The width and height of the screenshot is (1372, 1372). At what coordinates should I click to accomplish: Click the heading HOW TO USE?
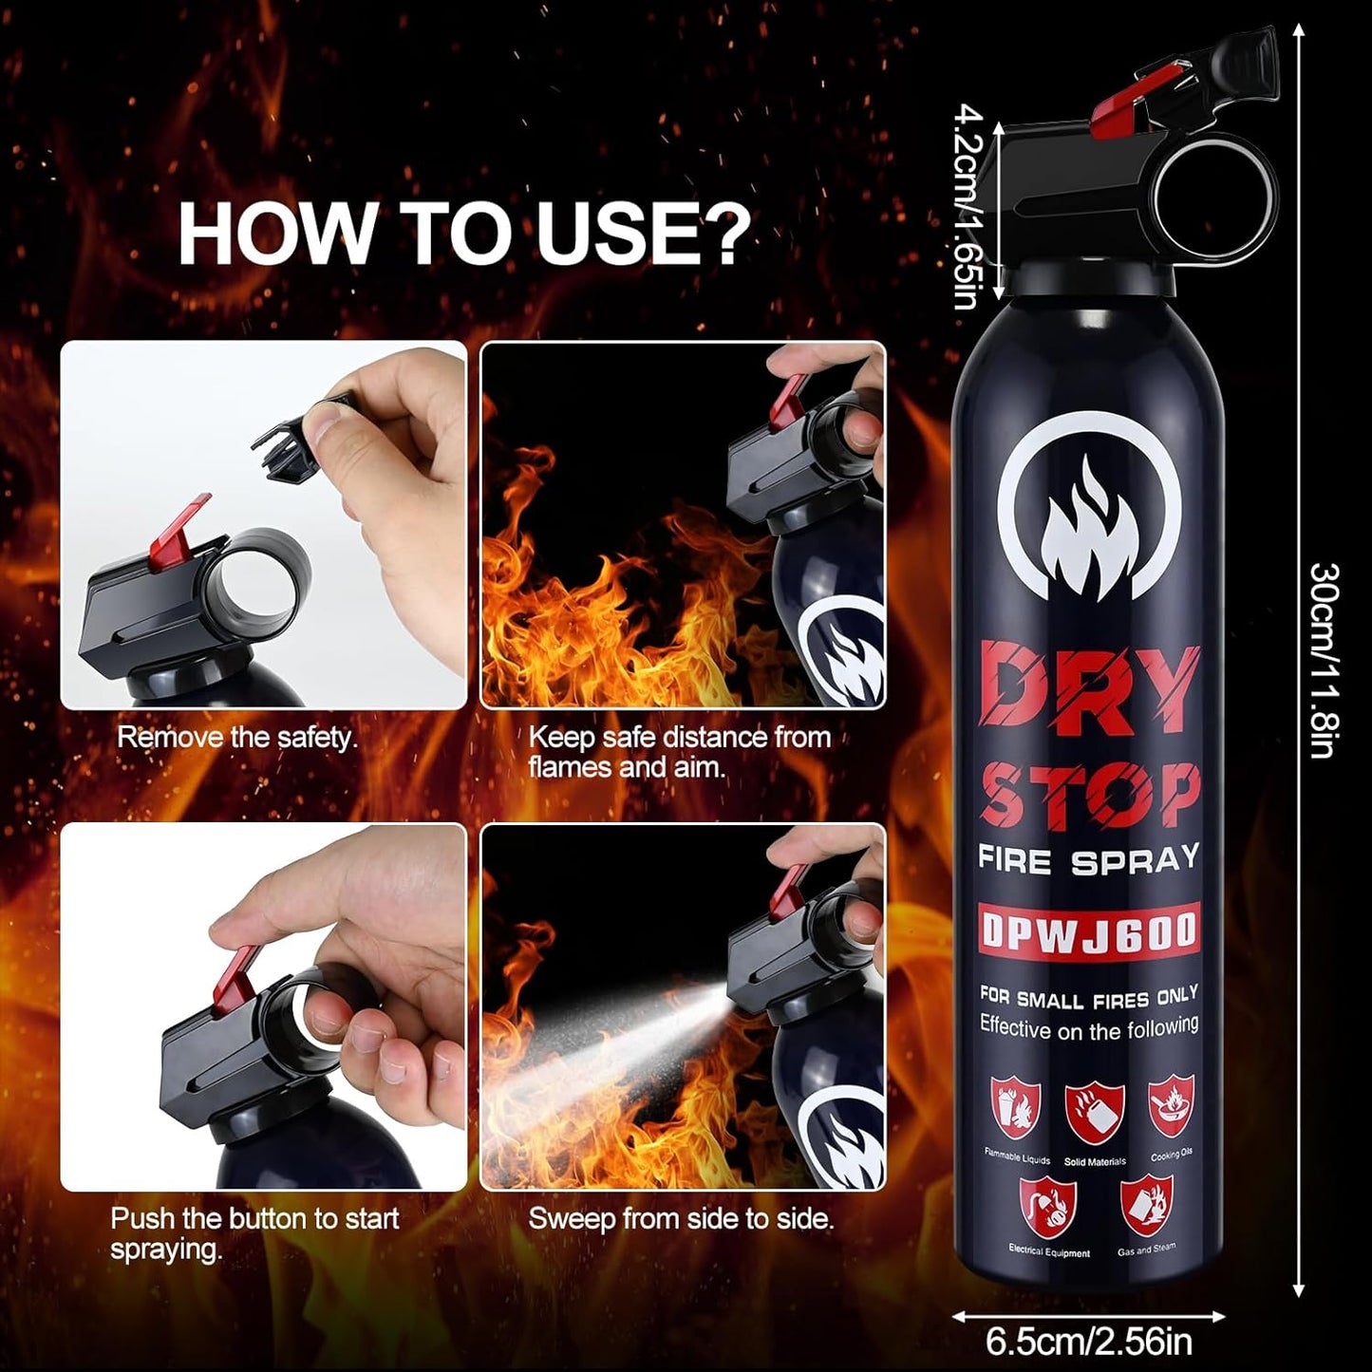[463, 232]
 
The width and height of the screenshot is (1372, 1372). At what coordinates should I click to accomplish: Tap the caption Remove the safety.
[237, 738]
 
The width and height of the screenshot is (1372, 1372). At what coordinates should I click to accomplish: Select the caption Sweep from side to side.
[681, 1218]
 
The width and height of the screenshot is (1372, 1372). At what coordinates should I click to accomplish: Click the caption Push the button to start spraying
[254, 1232]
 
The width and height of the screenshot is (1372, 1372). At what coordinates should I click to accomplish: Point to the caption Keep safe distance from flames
[679, 751]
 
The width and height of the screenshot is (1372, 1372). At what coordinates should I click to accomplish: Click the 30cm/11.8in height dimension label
[1325, 661]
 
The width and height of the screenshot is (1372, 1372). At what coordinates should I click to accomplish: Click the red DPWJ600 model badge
[1089, 931]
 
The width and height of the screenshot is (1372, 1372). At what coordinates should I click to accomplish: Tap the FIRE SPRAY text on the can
[1089, 860]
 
